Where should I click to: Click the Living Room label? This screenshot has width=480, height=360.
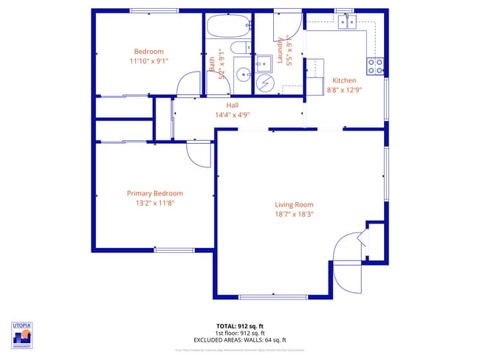coord(294,205)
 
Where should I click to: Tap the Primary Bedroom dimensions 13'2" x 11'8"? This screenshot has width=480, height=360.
coord(154,202)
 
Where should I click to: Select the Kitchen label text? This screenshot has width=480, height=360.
coord(344,80)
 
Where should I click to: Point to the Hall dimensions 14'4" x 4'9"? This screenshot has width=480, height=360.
coord(232,114)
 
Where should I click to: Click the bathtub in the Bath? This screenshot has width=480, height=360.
coord(228,27)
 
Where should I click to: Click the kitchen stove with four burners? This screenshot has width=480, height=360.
coord(375,67)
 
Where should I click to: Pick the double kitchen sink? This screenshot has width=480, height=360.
coord(346,22)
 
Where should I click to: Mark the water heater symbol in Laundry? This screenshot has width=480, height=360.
coord(264,83)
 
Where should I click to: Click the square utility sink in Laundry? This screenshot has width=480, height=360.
coord(263,63)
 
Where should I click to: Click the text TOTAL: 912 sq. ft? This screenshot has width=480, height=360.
coord(239,325)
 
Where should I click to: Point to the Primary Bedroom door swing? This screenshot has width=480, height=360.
coord(198,153)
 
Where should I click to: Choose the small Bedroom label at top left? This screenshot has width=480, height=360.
coord(148,51)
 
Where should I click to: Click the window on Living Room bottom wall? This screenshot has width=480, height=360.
coord(264,297)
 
